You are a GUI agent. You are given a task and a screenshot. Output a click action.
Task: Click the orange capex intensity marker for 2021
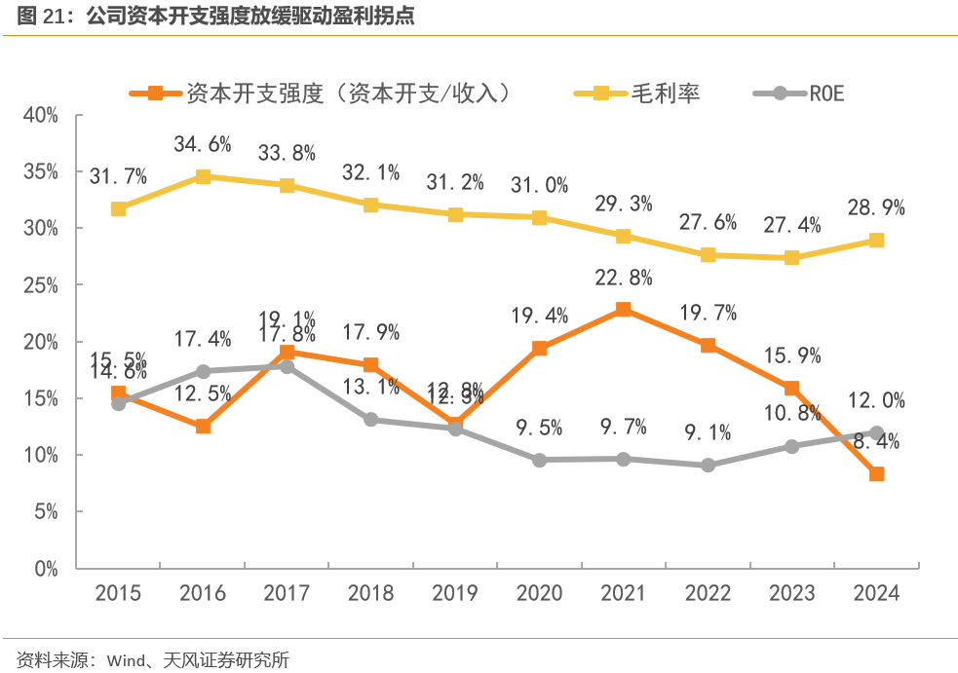624,310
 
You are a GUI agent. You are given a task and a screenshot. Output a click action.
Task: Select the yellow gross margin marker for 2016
203,176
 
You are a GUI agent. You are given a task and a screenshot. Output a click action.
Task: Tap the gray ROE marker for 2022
709,465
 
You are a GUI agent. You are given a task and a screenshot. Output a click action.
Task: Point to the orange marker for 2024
876,474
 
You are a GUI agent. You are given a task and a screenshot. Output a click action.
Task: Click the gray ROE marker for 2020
540,460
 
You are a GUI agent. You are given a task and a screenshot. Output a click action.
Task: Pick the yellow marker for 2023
792,257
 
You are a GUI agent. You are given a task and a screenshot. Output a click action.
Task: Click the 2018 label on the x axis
371,592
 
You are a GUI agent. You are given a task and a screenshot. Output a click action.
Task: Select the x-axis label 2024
876,592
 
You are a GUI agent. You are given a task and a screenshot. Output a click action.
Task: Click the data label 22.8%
624,278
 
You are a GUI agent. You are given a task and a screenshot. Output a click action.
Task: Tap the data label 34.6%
203,145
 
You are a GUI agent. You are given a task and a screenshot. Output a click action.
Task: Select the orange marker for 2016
203,426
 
